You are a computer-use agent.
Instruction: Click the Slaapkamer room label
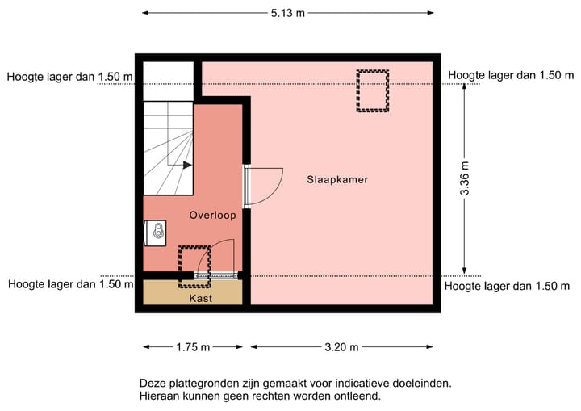[x=336, y=179]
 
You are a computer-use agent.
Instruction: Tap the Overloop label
[x=212, y=215]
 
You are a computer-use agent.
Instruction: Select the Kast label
[x=201, y=299]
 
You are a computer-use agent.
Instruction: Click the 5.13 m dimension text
[x=288, y=13]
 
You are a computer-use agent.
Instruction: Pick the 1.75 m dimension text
[x=193, y=347]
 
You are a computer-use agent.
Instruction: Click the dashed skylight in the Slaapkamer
[x=373, y=90]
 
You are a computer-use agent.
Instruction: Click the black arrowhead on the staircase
[x=187, y=165]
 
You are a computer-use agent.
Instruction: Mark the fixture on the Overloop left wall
[x=157, y=233]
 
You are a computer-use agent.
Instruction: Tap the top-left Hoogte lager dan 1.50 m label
[x=70, y=77]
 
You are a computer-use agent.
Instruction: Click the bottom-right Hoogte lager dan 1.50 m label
[x=508, y=286]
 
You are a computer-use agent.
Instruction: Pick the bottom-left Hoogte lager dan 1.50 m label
[x=70, y=284]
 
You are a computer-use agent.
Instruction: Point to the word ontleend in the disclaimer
[x=356, y=396]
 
